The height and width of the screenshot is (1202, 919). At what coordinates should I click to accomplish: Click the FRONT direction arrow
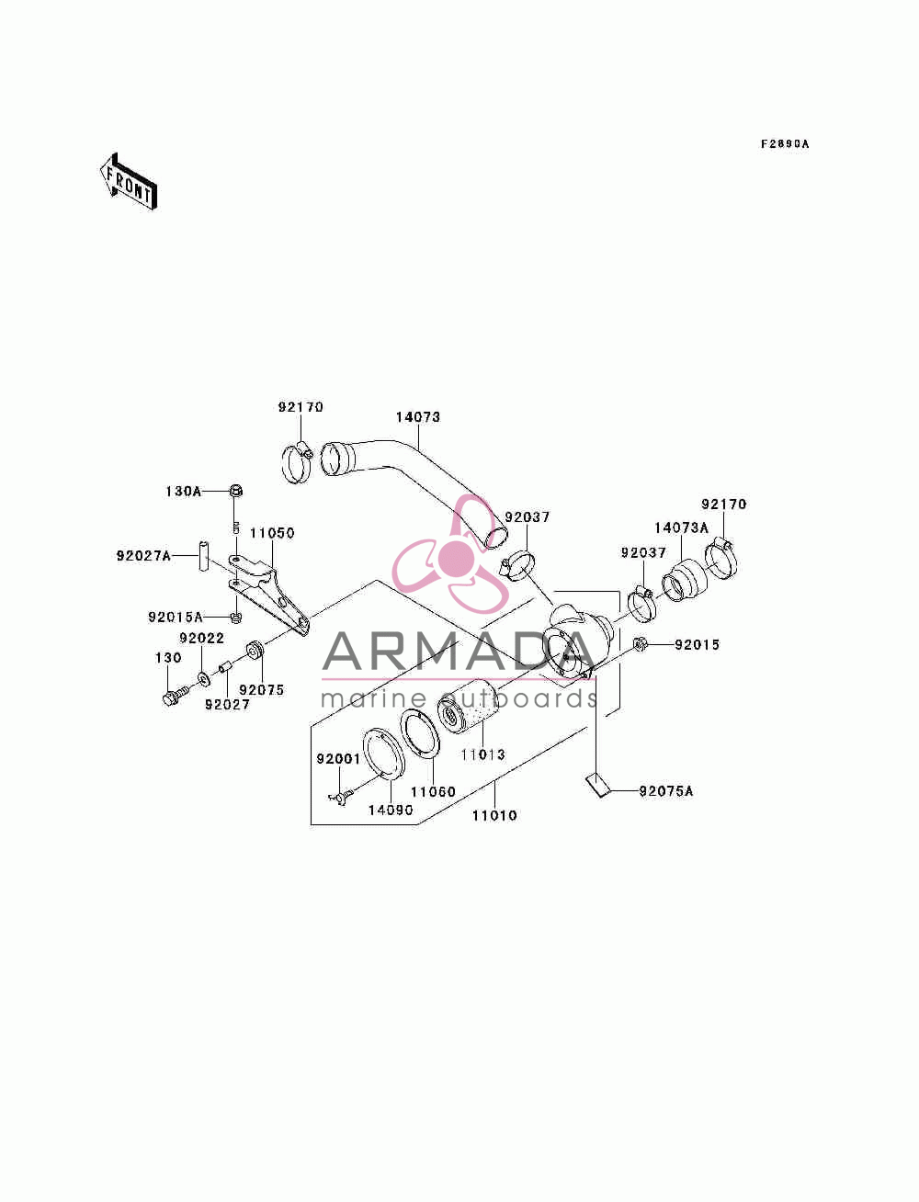[129, 181]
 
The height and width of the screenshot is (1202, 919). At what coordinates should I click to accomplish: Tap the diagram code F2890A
[784, 144]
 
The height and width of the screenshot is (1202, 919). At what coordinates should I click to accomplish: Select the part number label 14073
[418, 416]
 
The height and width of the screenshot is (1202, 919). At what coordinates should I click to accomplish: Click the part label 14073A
[681, 527]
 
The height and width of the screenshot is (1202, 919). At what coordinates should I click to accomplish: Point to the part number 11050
[272, 533]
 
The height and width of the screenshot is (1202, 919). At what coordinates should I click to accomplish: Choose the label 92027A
[143, 556]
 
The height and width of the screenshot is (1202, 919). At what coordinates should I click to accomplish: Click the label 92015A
[176, 618]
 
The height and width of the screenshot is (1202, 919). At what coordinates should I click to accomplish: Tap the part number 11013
[482, 754]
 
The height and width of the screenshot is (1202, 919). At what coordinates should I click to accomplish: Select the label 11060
[433, 791]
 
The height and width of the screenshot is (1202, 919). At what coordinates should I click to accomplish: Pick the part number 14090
[391, 810]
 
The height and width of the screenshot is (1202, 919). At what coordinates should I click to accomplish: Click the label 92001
[338, 758]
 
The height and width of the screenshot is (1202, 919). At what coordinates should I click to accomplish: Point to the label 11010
[494, 815]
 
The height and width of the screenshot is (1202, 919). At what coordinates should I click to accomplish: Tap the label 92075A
[666, 790]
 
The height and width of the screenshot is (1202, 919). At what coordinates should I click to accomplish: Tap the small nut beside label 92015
[639, 644]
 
